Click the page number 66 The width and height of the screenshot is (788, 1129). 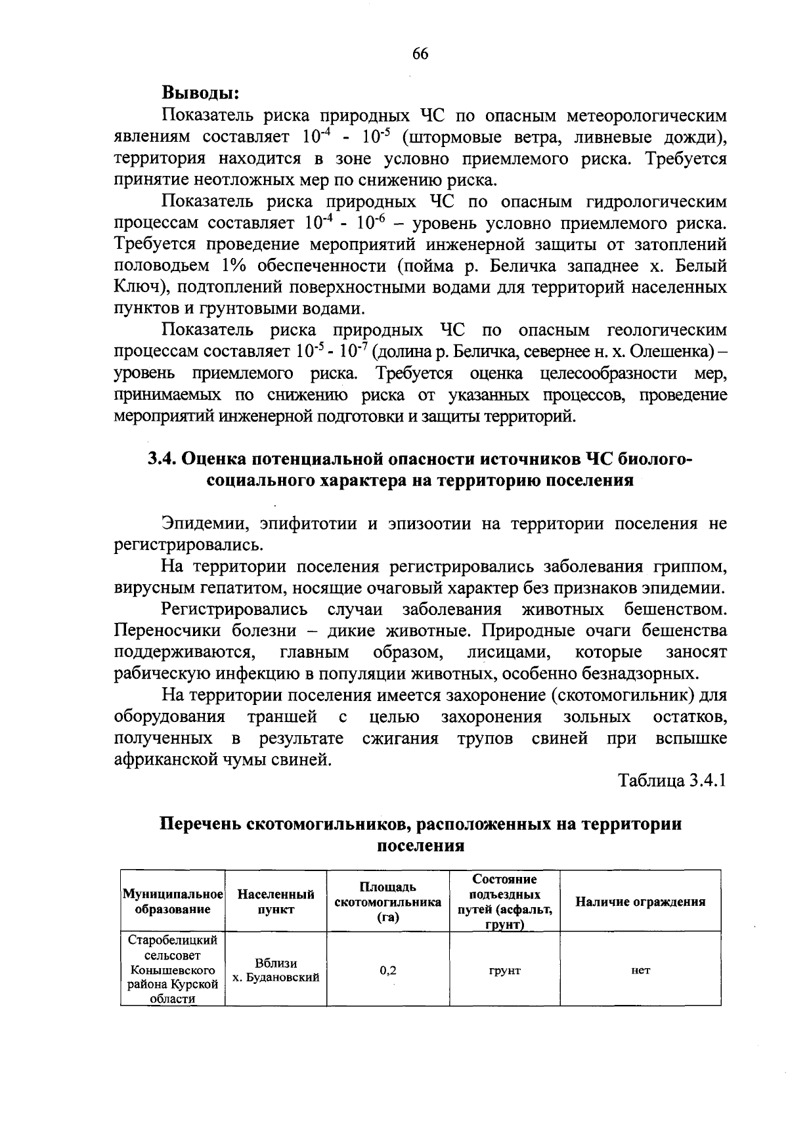[x=420, y=54]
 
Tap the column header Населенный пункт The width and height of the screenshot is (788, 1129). [x=276, y=901]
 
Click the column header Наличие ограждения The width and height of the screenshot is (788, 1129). [x=640, y=901]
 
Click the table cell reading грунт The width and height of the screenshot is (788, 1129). [x=505, y=970]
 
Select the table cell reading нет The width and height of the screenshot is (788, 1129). [x=640, y=970]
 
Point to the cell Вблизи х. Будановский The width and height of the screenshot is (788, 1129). [x=276, y=970]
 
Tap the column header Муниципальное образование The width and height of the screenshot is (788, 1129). [x=173, y=901]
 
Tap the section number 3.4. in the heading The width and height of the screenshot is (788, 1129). [x=162, y=458]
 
